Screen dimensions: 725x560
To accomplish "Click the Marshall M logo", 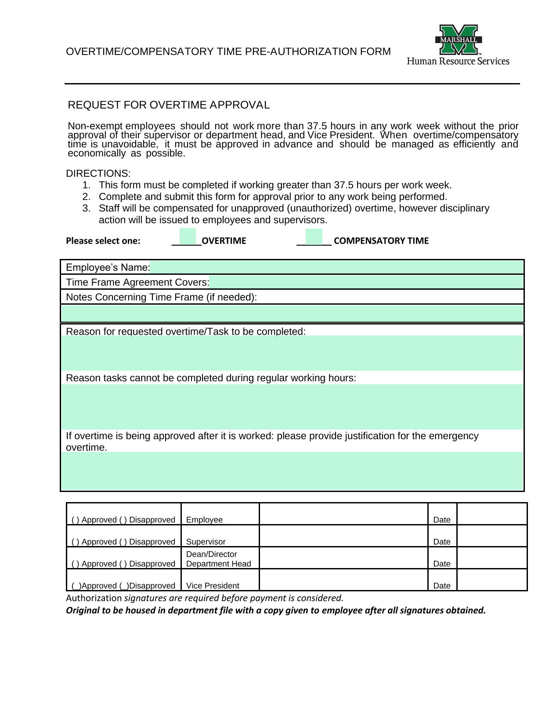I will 458,40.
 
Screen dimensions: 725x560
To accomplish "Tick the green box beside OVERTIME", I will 188,237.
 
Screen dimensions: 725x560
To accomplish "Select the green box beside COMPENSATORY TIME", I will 314,237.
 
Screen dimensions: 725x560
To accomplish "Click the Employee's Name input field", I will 336,267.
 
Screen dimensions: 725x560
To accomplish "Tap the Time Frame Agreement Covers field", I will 366,282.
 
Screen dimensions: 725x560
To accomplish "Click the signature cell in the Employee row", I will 343,514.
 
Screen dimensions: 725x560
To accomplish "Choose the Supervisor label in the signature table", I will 206,542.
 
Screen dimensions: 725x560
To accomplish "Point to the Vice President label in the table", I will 213,586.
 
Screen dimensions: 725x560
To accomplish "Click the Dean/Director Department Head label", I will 218,559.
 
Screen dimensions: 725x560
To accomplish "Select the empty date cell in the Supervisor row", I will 491,536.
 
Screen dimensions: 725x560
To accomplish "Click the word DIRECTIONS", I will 98,174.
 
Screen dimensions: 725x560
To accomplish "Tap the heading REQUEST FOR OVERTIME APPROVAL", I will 169,105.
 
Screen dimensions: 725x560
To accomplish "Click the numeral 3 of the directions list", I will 86,208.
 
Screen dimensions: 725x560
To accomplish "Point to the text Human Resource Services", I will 458,61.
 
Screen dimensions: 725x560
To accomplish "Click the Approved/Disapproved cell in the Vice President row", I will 123,580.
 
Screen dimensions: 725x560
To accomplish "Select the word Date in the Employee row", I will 442,520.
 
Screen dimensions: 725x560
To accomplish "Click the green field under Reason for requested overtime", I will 292,353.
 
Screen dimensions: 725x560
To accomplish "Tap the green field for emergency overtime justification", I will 292,471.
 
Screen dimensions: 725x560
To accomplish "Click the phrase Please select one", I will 103,241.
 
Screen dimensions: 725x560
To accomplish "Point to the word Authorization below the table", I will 94,598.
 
